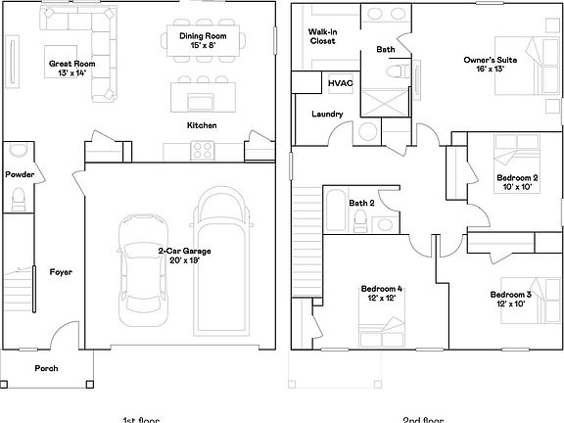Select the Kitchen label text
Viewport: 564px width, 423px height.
(202, 125)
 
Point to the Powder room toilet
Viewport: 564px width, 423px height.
(17, 201)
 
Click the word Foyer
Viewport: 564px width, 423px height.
(61, 271)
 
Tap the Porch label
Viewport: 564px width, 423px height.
(46, 369)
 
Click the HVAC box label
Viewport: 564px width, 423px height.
(340, 84)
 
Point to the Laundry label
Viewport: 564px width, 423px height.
(326, 115)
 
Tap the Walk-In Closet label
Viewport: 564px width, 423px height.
(322, 38)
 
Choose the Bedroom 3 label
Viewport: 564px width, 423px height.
(510, 299)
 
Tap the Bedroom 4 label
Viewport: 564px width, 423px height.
(381, 294)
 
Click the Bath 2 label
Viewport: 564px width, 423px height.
(361, 203)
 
